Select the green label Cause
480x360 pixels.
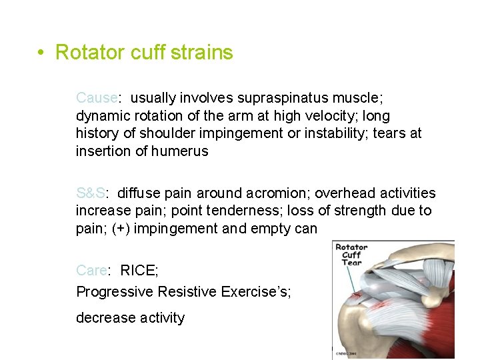point(97,98)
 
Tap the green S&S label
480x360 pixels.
point(90,193)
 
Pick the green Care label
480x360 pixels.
point(91,271)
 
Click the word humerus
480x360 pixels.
point(179,151)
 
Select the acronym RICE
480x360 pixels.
point(139,271)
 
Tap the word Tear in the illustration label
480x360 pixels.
point(351,263)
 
